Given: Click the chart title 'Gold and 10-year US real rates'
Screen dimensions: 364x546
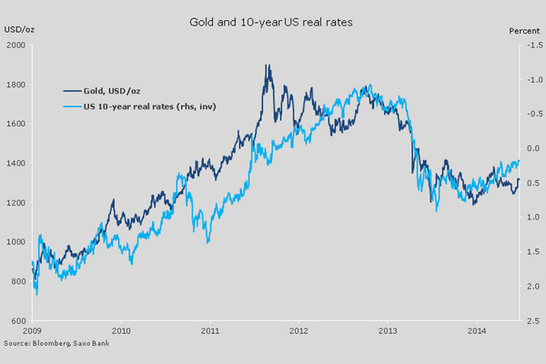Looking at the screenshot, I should [272, 19].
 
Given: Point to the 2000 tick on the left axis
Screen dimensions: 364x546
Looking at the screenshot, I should [15, 46].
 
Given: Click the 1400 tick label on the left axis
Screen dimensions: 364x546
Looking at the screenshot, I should [15, 164].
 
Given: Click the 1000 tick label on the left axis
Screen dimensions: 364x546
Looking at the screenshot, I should [15, 242].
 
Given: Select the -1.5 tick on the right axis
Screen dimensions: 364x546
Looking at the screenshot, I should [531, 46].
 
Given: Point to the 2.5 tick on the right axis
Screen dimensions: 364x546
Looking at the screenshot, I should [532, 321].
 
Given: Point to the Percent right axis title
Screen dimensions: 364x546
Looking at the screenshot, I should [524, 31].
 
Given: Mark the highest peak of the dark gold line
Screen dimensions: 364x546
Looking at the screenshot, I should [266, 66].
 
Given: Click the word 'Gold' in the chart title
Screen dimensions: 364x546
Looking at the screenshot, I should [199, 19].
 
